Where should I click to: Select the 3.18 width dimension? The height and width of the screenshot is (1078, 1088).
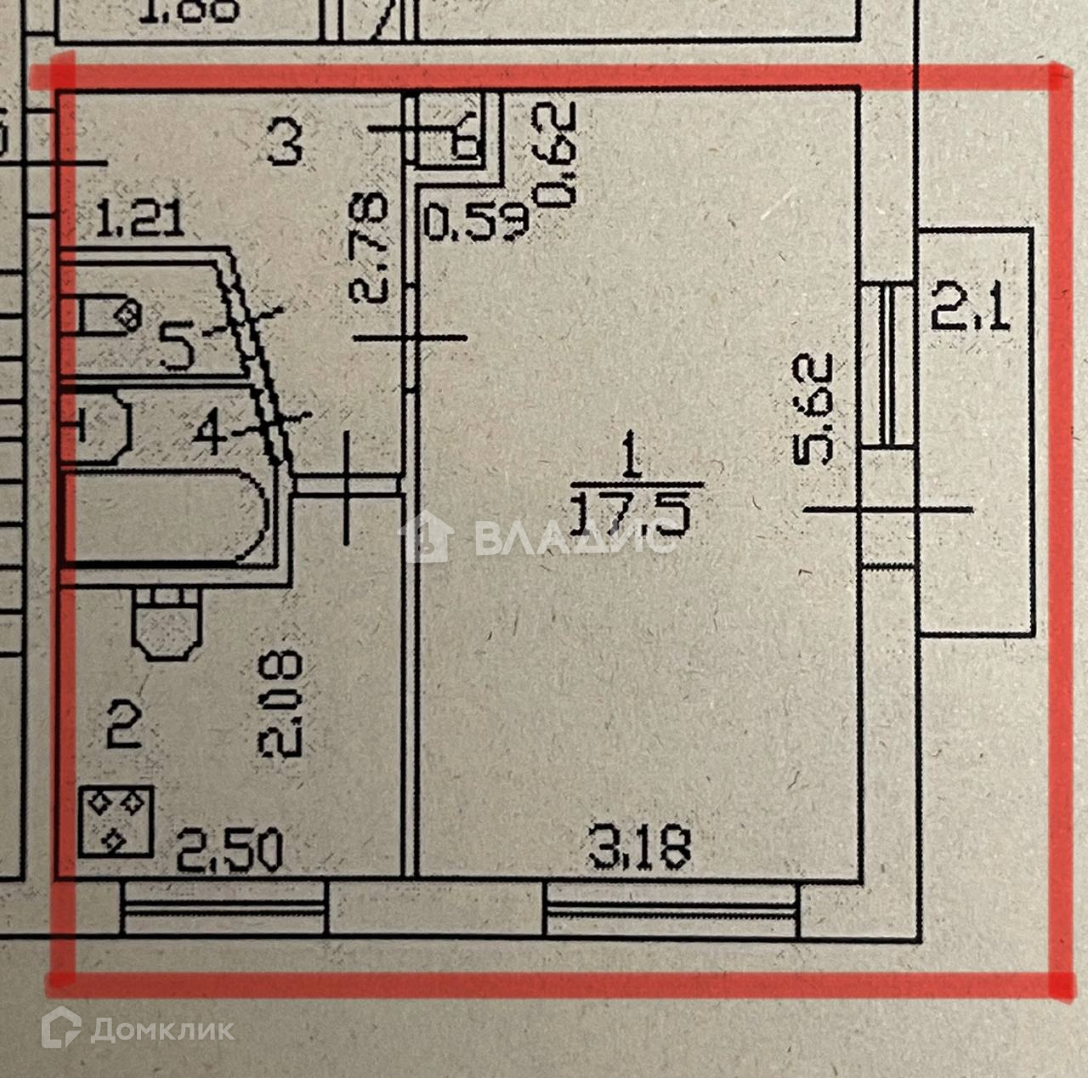tap(640, 847)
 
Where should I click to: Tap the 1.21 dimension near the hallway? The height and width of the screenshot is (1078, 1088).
tap(139, 219)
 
